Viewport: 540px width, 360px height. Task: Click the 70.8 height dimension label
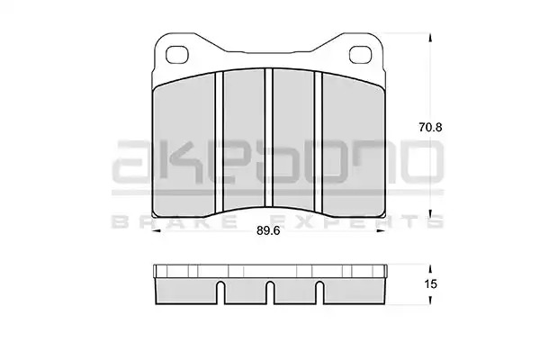[x=430, y=128]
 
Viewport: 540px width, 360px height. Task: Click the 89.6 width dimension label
[x=268, y=230]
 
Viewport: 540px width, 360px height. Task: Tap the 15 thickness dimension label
[x=430, y=284]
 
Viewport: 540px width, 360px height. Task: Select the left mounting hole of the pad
[x=177, y=55]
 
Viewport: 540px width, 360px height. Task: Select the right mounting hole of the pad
[x=361, y=55]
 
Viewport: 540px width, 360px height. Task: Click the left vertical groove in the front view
[x=219, y=141]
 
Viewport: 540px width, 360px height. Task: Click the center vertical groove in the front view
[x=268, y=138]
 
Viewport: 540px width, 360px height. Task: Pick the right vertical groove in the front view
[x=319, y=141]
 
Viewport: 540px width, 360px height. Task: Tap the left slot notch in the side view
[x=220, y=292]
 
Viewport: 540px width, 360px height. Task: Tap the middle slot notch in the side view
[x=270, y=292]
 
